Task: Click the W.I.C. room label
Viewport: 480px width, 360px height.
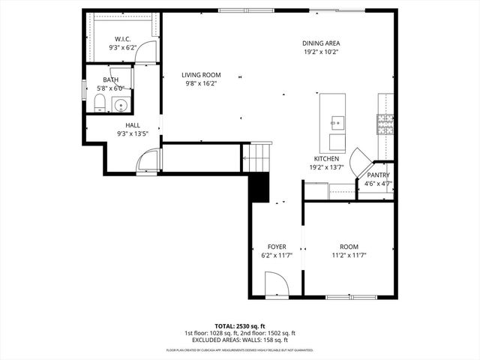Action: (x=122, y=38)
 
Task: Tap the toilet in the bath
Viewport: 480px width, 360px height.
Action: (x=100, y=102)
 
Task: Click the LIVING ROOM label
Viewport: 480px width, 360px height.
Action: (x=201, y=74)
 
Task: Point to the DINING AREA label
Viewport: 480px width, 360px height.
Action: (x=322, y=43)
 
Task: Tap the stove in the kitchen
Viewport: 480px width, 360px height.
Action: (x=385, y=124)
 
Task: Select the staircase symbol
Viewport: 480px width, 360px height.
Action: (x=256, y=158)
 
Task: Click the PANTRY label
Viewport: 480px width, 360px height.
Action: (x=378, y=175)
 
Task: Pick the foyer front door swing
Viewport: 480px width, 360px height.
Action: (x=276, y=285)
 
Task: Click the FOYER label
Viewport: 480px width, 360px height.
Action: (x=277, y=247)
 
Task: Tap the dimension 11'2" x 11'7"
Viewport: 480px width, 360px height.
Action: (x=349, y=256)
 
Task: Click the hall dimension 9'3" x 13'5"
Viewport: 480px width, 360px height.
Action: (x=133, y=134)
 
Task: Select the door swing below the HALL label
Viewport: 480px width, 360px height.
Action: (x=148, y=161)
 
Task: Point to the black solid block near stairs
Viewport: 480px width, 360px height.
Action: (x=259, y=187)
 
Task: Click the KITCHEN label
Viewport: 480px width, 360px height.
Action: (x=326, y=159)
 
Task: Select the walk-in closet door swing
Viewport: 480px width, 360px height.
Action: (x=148, y=52)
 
